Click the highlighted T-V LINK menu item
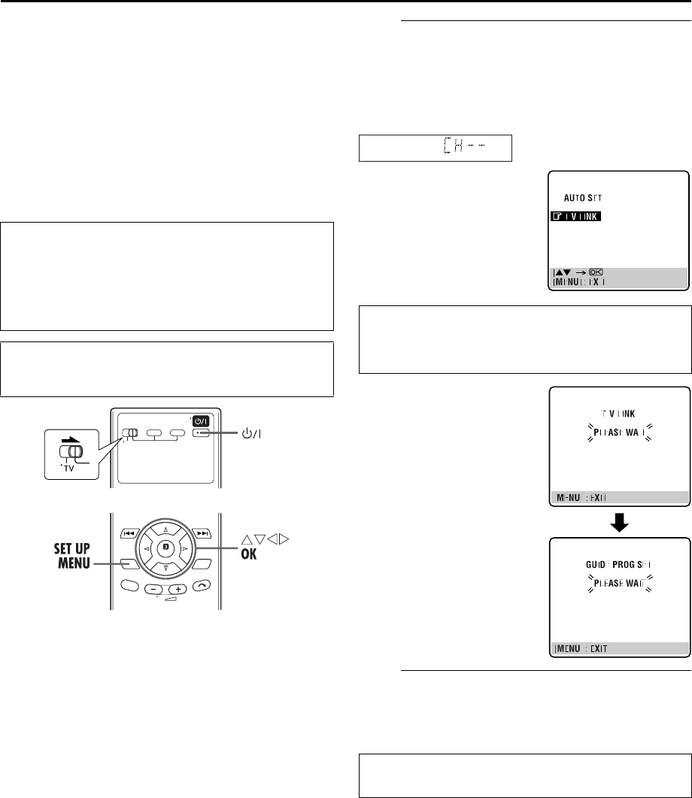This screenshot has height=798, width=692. [x=580, y=217]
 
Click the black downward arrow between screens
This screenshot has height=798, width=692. [x=618, y=518]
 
